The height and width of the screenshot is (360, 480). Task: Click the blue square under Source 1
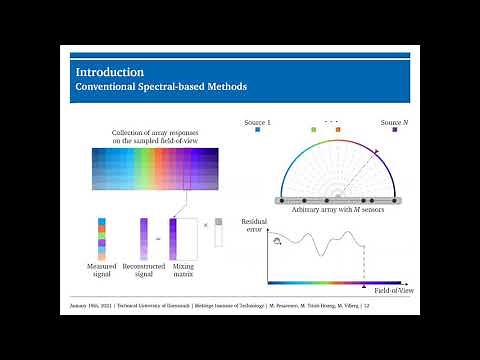point(258,130)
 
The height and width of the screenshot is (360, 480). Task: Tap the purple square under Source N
point(396,130)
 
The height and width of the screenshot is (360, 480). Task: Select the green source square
point(314,130)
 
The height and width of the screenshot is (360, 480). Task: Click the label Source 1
point(258,121)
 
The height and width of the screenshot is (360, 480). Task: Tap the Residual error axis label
point(254,224)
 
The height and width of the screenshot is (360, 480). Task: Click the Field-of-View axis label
point(387,291)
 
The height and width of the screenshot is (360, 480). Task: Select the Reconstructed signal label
point(144,269)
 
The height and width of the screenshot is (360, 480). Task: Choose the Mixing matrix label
point(183,269)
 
